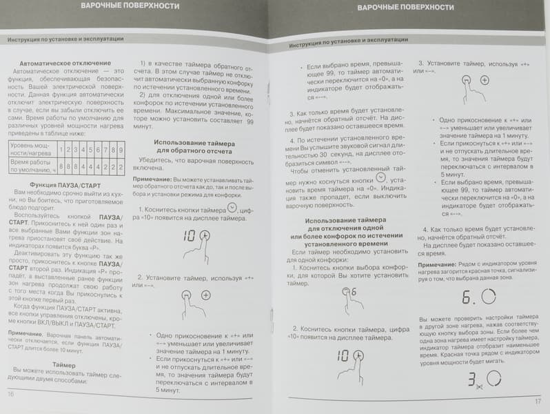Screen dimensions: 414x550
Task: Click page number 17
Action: tap(538, 401)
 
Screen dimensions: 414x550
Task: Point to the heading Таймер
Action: tap(63, 364)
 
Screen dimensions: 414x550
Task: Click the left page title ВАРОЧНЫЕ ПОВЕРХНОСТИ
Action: tap(130, 6)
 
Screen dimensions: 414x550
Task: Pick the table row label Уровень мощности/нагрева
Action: tap(31, 150)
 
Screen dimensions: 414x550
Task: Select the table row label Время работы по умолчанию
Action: tap(31, 166)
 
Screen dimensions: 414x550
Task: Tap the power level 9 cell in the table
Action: tap(121, 150)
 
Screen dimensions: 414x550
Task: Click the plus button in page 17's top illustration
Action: tap(485, 81)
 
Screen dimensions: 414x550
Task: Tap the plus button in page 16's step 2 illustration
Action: tap(205, 295)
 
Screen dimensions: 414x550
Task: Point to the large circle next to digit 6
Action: tap(488, 297)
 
